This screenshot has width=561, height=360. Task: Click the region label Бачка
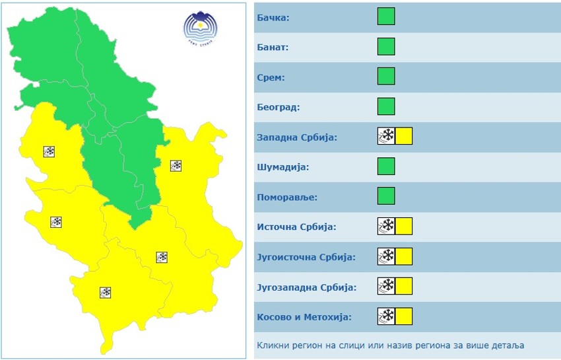(273, 17)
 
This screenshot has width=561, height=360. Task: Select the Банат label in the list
(273, 48)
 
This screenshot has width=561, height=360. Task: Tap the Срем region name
(271, 77)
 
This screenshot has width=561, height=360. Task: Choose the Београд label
(279, 107)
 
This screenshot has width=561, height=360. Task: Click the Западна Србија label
(296, 137)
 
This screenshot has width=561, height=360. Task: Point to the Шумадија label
(282, 167)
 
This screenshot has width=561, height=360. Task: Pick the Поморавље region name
(286, 197)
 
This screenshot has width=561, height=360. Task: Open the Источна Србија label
(296, 227)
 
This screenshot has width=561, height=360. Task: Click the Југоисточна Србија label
(306, 257)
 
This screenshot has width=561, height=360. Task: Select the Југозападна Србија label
(306, 287)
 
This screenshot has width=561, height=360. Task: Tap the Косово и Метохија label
(304, 316)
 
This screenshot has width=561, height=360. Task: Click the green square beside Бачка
(386, 17)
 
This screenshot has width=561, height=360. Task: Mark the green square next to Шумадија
(386, 166)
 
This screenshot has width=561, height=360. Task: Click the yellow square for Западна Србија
(404, 137)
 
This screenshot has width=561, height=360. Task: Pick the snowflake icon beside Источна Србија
(386, 227)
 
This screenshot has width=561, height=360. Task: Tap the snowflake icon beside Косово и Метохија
(386, 316)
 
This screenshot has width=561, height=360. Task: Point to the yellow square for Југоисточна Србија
(404, 256)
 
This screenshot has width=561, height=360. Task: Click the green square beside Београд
(386, 106)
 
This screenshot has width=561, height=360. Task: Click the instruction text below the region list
(389, 345)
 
